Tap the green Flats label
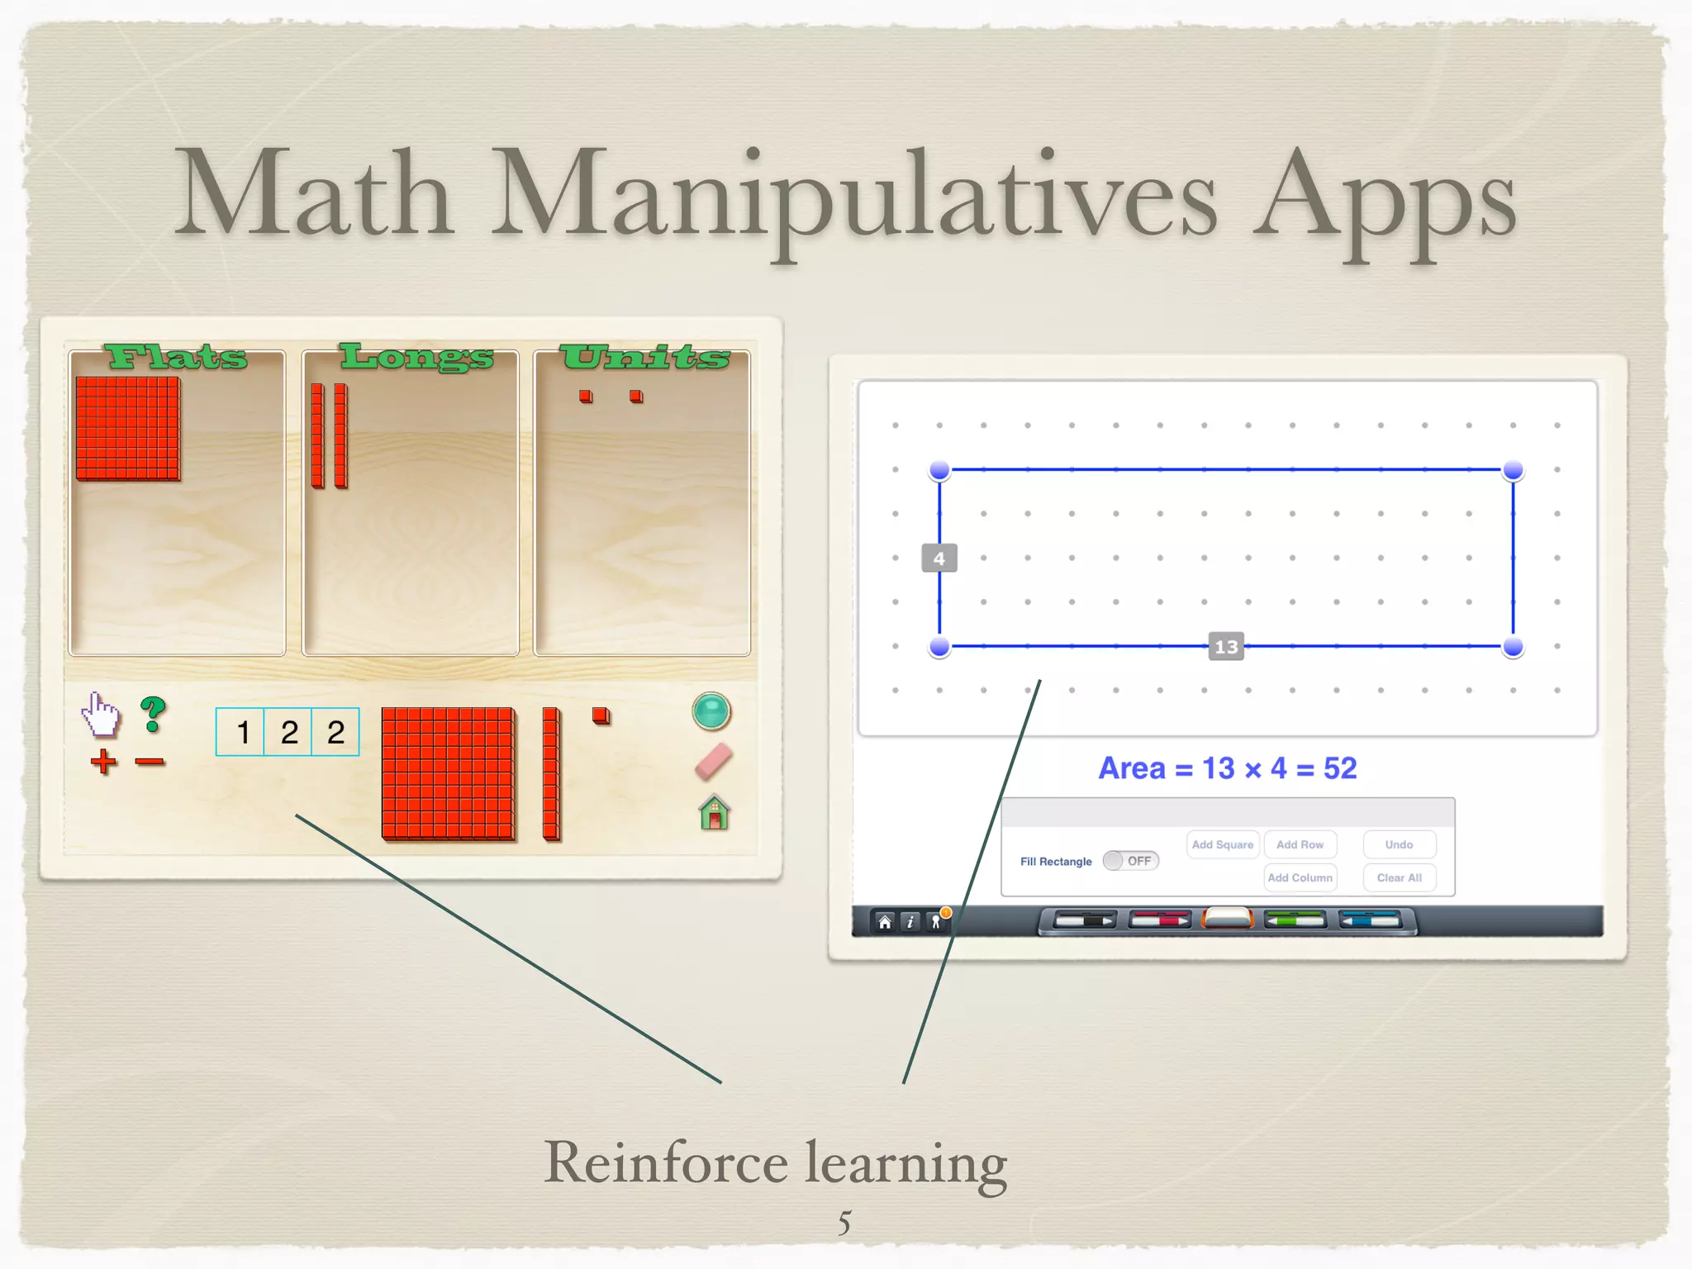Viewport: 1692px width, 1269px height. pyautogui.click(x=176, y=357)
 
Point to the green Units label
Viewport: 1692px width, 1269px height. pyautogui.click(x=644, y=357)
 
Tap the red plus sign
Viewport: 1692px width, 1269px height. pyautogui.click(x=103, y=761)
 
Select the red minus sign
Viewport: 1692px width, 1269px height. pyautogui.click(x=150, y=761)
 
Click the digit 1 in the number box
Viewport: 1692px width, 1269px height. pyautogui.click(x=243, y=732)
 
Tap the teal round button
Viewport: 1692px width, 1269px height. pyautogui.click(x=711, y=711)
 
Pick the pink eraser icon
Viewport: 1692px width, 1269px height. pyautogui.click(x=713, y=762)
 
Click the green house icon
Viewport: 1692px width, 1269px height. pyautogui.click(x=715, y=812)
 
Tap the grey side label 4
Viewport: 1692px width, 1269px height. pyautogui.click(x=939, y=558)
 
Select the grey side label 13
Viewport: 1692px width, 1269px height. pyautogui.click(x=1226, y=646)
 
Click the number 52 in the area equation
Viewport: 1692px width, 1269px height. pyautogui.click(x=1340, y=768)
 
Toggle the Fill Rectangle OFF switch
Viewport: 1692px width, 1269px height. pyautogui.click(x=1131, y=861)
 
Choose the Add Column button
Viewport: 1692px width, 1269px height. pyautogui.click(x=1300, y=877)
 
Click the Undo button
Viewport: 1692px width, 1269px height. pyautogui.click(x=1399, y=844)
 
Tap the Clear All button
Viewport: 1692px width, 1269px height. pyautogui.click(x=1399, y=877)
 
